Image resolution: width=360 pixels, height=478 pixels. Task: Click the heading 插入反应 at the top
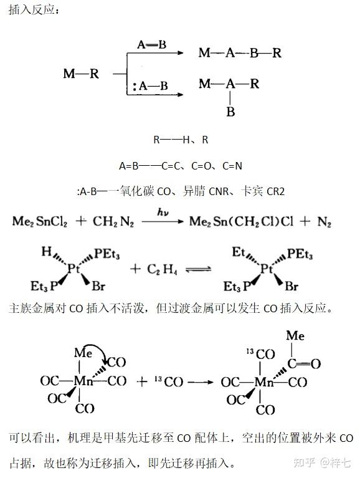click(x=32, y=10)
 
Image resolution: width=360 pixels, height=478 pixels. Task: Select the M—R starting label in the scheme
click(x=81, y=74)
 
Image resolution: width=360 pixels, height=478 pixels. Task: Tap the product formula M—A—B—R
click(x=240, y=53)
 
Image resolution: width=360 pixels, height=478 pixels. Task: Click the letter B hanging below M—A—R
click(x=230, y=112)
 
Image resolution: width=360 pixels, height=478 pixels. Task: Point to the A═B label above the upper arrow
click(x=152, y=45)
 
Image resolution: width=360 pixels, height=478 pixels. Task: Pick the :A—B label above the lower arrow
click(x=151, y=86)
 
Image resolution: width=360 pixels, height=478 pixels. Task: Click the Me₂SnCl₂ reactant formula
click(x=40, y=222)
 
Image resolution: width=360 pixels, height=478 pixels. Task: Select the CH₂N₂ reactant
click(x=113, y=222)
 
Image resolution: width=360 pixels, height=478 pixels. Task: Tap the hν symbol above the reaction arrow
click(x=163, y=212)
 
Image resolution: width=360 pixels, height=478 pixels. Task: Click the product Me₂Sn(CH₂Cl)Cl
click(x=242, y=222)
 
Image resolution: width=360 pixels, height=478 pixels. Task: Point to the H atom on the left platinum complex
click(x=47, y=252)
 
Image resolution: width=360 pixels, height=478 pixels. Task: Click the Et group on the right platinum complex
click(x=239, y=252)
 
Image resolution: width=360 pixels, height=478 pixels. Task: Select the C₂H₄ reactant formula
click(x=162, y=269)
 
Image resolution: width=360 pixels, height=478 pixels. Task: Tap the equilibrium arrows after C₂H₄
click(x=199, y=269)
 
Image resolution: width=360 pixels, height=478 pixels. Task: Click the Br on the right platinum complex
click(x=291, y=286)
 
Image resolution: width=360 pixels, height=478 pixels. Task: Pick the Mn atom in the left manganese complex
click(x=83, y=381)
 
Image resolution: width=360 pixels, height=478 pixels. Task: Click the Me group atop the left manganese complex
click(x=83, y=353)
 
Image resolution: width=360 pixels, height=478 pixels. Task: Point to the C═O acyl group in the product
click(x=304, y=364)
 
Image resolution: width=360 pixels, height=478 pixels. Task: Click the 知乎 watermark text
click(x=305, y=462)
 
